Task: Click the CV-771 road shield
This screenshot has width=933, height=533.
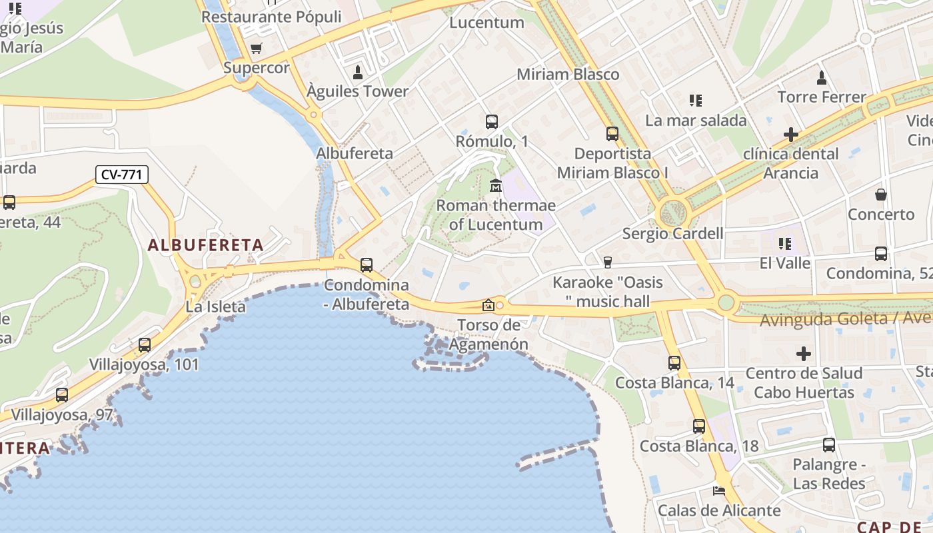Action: pos(121,175)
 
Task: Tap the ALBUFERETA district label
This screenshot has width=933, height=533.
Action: pos(206,245)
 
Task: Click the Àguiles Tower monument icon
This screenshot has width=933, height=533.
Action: pos(358,72)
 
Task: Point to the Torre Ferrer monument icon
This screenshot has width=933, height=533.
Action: pos(822,77)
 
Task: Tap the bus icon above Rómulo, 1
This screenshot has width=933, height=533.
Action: pos(492,122)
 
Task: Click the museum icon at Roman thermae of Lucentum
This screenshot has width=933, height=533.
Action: pos(495,185)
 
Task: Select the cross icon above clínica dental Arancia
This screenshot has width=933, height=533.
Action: pos(791,135)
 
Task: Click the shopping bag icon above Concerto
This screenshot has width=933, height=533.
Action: pos(881,195)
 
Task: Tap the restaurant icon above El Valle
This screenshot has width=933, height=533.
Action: pos(786,244)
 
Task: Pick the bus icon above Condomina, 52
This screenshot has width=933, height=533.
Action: pos(881,254)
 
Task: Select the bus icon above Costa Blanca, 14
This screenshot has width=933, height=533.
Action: pos(674,363)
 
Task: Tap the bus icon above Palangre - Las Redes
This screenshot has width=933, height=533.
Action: pos(829,445)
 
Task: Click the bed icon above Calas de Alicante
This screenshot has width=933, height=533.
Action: pos(719,491)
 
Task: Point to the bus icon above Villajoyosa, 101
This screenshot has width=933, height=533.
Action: pos(145,345)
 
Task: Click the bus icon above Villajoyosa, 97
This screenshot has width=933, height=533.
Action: pos(62,395)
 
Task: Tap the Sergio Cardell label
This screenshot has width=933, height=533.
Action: pos(672,234)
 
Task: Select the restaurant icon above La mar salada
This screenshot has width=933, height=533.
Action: pos(696,101)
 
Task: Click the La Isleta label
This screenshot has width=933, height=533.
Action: pos(215,307)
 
